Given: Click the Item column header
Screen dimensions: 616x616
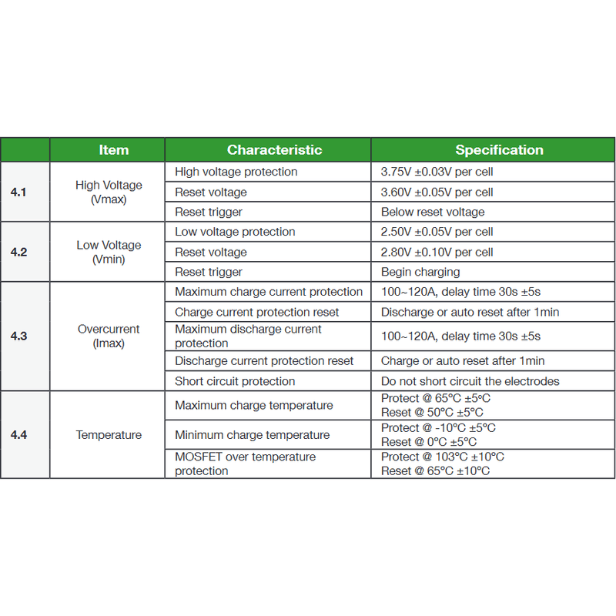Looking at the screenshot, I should point(113,150).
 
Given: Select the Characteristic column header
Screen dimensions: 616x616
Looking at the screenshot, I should point(274,150).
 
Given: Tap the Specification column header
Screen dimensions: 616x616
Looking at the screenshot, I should point(499,150).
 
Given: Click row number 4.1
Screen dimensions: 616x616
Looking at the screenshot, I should point(18,192).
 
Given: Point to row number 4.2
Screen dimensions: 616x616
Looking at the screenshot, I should point(18,252).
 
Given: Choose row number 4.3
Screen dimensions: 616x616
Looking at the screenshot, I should point(18,336).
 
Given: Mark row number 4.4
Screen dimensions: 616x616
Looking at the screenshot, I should point(18,435).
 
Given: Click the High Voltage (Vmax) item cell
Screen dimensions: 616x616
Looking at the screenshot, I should point(109,192).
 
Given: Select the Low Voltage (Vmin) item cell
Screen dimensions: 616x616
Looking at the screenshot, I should point(109,252).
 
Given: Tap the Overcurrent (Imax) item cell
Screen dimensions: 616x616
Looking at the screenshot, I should point(109,336).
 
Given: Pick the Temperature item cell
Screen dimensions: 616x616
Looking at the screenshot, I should point(109,435).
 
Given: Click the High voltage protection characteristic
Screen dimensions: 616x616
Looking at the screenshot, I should point(236,172).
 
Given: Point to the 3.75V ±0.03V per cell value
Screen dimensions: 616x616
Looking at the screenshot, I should point(437,172).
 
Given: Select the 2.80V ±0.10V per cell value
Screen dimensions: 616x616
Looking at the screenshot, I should point(437,252).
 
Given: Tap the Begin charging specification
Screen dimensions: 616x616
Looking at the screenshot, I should point(420,272).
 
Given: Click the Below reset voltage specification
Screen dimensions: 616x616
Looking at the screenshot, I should point(433,212).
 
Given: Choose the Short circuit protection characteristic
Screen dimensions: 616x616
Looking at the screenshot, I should point(235,381).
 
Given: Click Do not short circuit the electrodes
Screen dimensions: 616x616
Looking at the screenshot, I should point(470,381).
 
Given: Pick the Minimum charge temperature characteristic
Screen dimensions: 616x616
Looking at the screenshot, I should point(252,435).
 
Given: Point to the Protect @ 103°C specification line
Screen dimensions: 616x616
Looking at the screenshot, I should point(442,457).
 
